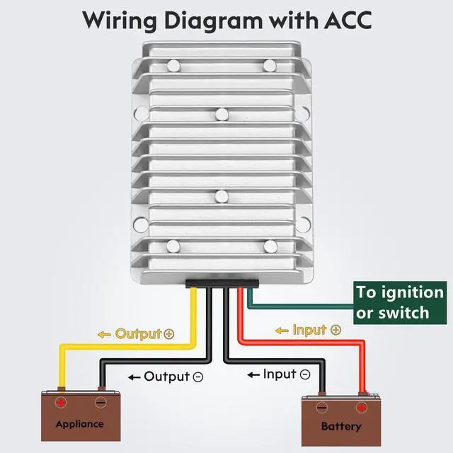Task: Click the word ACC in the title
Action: [348, 21]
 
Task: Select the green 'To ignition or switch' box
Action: [400, 302]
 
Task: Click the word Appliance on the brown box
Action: [79, 424]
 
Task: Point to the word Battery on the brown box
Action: [341, 426]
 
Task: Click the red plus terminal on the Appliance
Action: [61, 403]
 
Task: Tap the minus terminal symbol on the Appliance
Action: [101, 402]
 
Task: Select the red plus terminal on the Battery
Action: [361, 408]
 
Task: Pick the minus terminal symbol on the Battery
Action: [321, 408]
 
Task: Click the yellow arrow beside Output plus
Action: [104, 335]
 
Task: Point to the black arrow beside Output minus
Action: [134, 377]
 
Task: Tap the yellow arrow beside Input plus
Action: [282, 331]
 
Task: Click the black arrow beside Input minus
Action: [253, 375]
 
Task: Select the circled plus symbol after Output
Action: [169, 334]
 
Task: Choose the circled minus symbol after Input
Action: [305, 374]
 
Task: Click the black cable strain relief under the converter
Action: [222, 283]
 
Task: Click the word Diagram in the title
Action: [213, 21]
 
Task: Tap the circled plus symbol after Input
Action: [336, 330]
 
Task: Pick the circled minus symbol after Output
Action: [198, 377]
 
